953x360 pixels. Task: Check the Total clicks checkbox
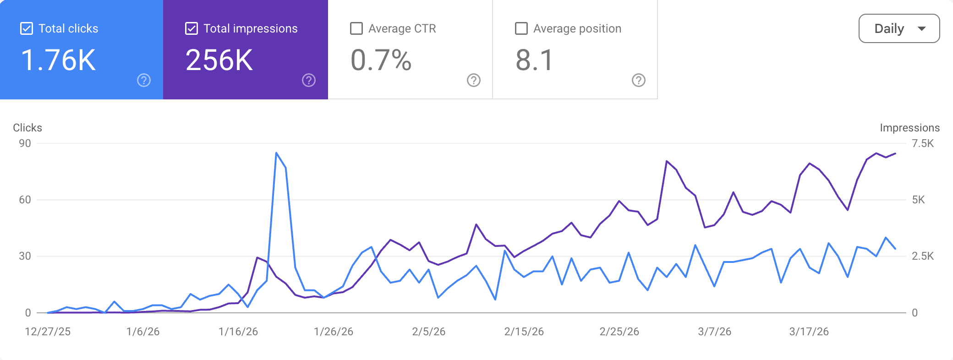click(27, 28)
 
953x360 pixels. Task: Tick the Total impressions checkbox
click(192, 28)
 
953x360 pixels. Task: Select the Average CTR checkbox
click(356, 28)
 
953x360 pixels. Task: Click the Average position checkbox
click(521, 28)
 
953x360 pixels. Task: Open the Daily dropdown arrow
click(922, 28)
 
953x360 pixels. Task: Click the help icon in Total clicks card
click(144, 80)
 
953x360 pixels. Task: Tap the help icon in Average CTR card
click(474, 80)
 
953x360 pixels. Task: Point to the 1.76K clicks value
click(59, 60)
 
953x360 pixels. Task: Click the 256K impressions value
click(219, 60)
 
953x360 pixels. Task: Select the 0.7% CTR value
click(381, 60)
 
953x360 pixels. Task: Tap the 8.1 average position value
click(535, 60)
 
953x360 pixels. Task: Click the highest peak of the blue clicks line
click(276, 153)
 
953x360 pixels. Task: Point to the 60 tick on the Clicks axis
click(25, 200)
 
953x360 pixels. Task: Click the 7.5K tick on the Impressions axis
click(922, 143)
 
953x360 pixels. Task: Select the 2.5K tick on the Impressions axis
click(922, 256)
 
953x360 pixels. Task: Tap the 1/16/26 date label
click(238, 332)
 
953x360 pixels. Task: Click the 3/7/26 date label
click(714, 332)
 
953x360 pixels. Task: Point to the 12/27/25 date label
click(48, 332)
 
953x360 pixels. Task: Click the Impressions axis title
click(909, 128)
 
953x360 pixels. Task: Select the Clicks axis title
click(27, 128)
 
